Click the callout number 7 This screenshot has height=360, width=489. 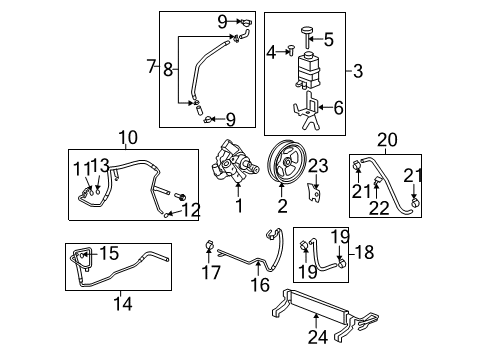pyautogui.click(x=150, y=67)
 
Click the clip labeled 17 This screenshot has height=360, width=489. pyautogui.click(x=211, y=245)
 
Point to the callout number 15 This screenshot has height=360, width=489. pyautogui.click(x=110, y=252)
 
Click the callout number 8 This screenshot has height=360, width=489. pyautogui.click(x=167, y=68)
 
